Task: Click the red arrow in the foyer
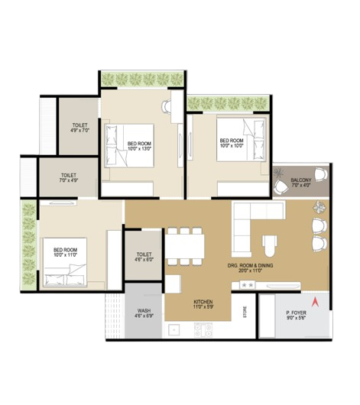(x=315, y=302)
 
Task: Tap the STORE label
(x=245, y=312)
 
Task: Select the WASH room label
(x=144, y=310)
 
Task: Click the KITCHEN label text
(x=203, y=302)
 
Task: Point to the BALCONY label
(x=301, y=180)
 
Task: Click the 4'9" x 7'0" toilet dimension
(x=79, y=131)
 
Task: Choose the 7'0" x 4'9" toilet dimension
(x=69, y=180)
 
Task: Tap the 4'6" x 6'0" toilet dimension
(x=144, y=260)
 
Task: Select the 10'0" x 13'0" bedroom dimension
(x=139, y=148)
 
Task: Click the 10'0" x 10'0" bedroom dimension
(x=232, y=145)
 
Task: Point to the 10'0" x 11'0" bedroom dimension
(x=66, y=255)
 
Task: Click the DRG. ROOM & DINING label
(x=250, y=265)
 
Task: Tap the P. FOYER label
(x=296, y=313)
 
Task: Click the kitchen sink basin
(x=174, y=330)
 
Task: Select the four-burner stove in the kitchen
(x=203, y=330)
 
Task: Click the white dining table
(x=184, y=246)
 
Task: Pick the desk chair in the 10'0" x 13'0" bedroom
(x=166, y=106)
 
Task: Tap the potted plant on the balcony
(x=279, y=172)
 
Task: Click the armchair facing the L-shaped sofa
(x=270, y=245)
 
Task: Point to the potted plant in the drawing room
(x=319, y=207)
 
